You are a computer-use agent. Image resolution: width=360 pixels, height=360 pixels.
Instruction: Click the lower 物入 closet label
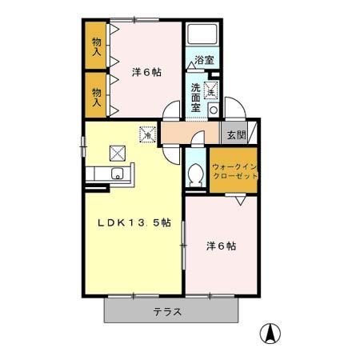coord(97,96)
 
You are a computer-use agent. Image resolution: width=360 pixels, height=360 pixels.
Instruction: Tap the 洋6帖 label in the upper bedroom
coord(146,72)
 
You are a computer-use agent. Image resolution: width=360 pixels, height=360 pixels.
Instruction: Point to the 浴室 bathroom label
coord(204,60)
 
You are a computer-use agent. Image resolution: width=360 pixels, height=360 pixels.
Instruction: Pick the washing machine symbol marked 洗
coord(211,91)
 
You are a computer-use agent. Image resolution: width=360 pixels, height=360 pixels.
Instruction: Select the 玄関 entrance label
coord(235,134)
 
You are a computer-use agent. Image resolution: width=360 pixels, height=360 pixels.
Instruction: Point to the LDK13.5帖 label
coord(134,223)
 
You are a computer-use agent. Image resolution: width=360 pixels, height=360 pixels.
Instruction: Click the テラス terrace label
coord(168,311)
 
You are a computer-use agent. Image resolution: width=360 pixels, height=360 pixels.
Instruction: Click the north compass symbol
coord(272,334)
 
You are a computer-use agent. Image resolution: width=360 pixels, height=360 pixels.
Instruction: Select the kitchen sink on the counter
coord(116,174)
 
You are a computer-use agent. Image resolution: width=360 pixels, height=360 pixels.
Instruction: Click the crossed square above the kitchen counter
coord(118,150)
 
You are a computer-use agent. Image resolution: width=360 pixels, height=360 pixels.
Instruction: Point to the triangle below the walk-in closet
coord(240,202)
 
